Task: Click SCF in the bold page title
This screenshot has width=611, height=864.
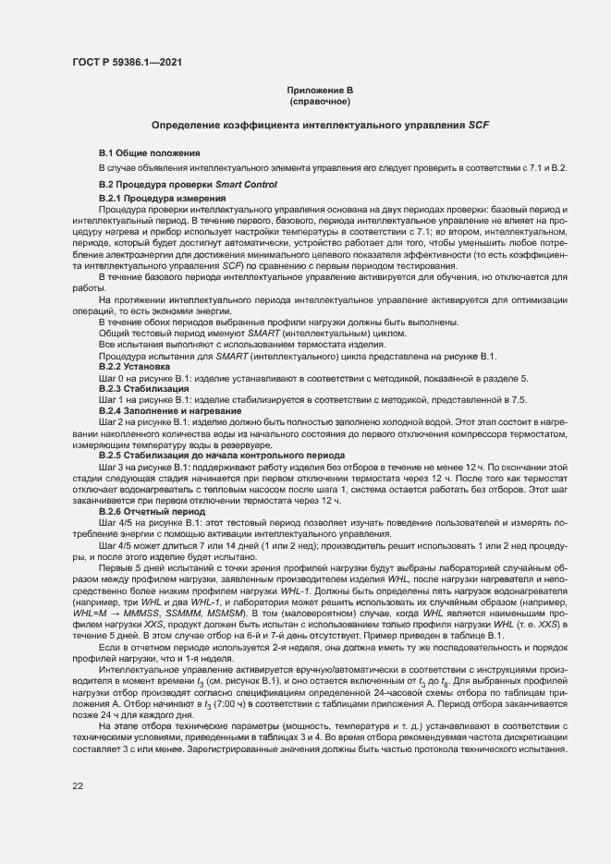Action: (478, 124)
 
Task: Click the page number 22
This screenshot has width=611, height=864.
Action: (78, 785)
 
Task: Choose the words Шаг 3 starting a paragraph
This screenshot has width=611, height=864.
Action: (113, 467)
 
